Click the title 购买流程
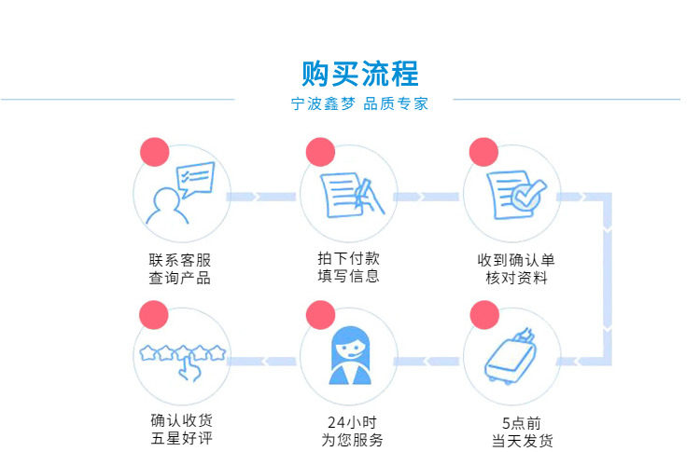360,73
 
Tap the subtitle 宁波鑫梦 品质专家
360,104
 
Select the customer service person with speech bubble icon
181,193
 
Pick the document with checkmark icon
511,193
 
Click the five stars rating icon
182,353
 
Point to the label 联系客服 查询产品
180,269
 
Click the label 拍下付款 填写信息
348,267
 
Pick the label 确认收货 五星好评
180,431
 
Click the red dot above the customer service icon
153,152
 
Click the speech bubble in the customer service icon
196,177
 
